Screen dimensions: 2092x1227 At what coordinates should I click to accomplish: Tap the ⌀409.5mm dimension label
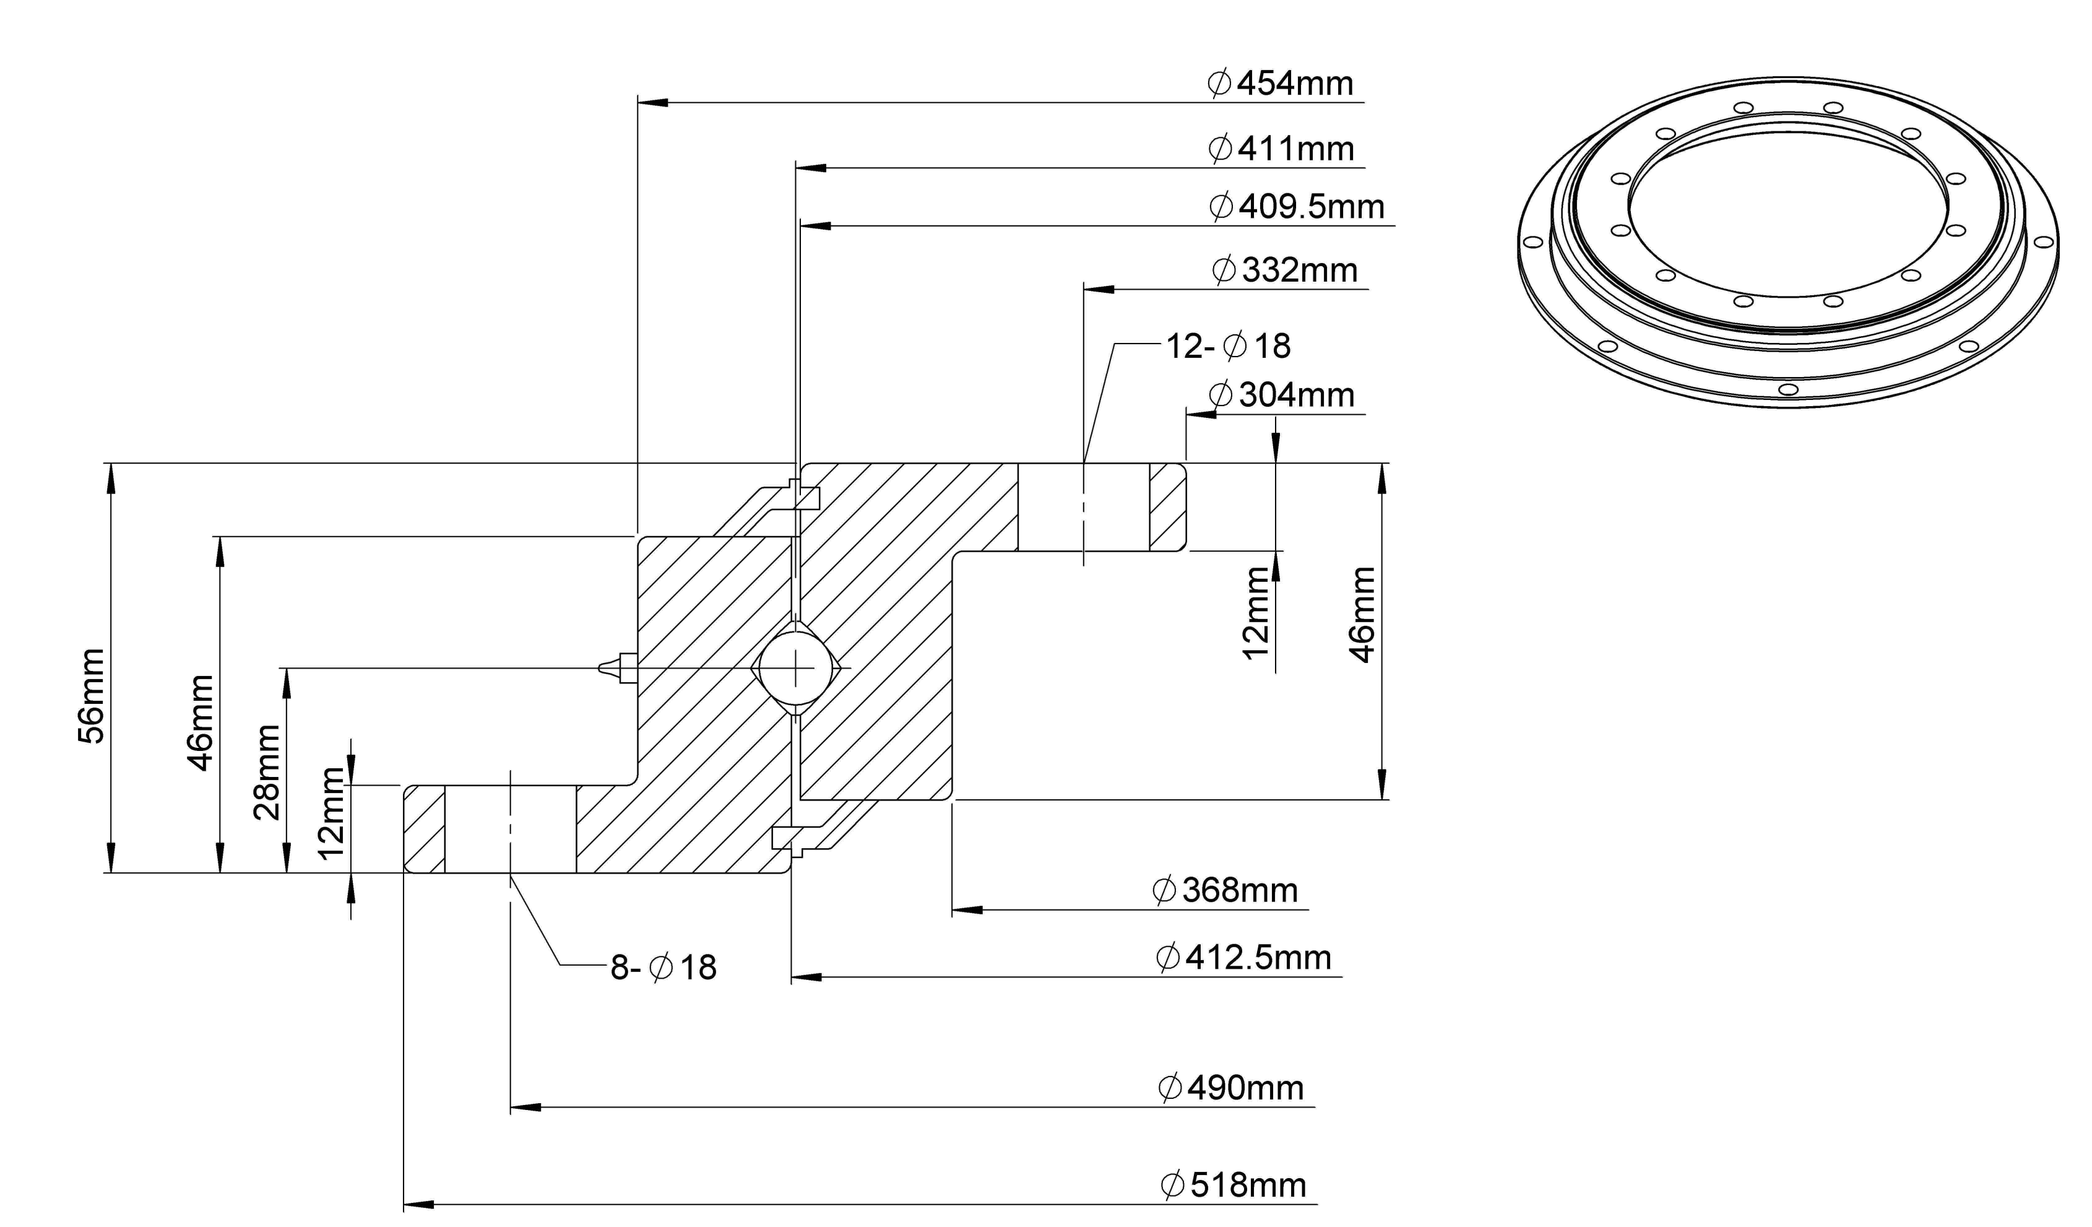[x=1297, y=207]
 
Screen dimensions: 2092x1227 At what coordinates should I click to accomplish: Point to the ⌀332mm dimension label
[x=1285, y=271]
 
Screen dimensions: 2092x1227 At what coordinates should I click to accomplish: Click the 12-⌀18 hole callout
[x=1229, y=346]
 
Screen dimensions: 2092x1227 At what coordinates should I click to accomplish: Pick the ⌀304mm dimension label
[x=1282, y=395]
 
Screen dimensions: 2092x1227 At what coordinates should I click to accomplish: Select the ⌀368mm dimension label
[x=1225, y=891]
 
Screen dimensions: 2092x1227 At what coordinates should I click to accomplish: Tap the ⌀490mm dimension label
[x=1231, y=1088]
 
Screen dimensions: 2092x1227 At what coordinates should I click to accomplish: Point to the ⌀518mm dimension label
[x=1234, y=1186]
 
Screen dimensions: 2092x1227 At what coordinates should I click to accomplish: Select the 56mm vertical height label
[x=92, y=696]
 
